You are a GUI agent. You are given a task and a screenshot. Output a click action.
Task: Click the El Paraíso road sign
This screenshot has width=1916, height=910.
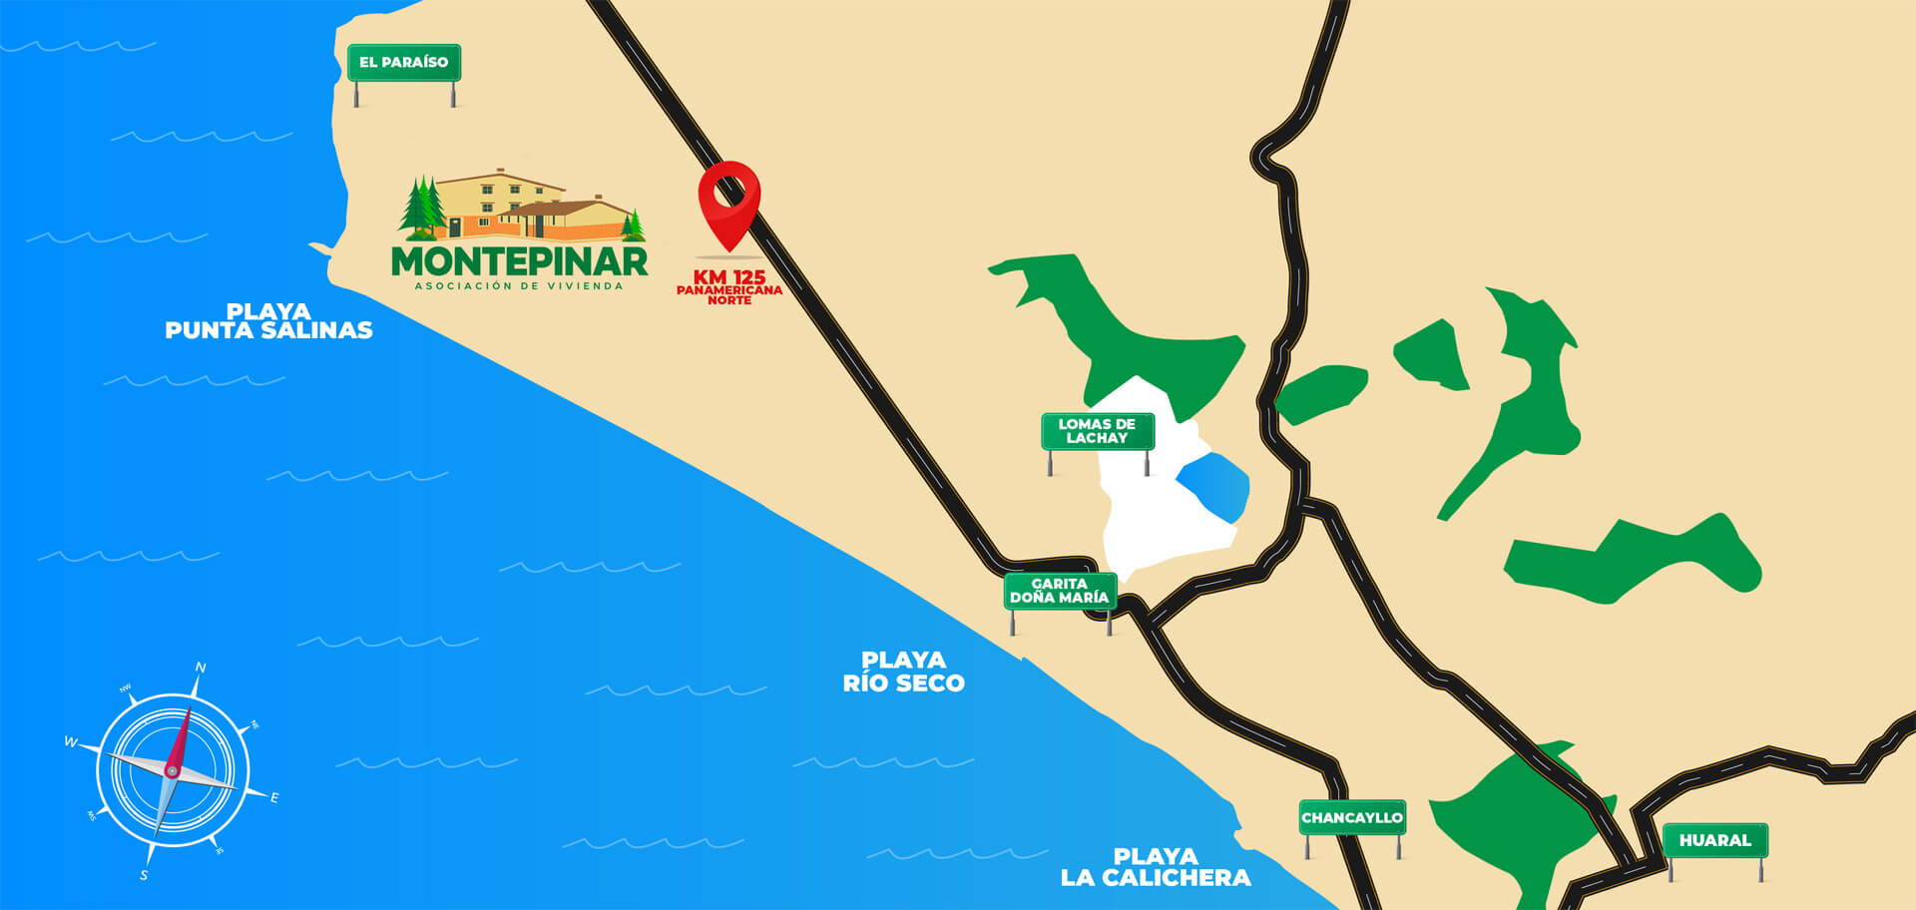[403, 63]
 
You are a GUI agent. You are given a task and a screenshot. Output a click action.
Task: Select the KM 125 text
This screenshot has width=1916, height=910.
[729, 276]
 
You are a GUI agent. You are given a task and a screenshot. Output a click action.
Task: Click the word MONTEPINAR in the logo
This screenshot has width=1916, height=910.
[519, 261]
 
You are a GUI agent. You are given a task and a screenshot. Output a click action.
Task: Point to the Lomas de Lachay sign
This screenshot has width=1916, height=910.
[1097, 431]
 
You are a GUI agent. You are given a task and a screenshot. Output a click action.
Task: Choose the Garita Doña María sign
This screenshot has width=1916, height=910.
[1059, 591]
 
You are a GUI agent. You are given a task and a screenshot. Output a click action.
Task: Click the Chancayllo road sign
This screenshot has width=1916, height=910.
[1352, 818]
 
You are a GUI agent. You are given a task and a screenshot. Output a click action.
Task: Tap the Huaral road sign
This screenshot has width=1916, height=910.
[1714, 840]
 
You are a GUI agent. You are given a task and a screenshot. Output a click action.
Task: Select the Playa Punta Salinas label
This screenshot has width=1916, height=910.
[268, 321]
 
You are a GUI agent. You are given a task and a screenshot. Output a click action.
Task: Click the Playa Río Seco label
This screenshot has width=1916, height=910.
[903, 672]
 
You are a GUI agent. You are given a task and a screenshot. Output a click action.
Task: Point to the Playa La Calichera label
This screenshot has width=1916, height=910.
[1155, 867]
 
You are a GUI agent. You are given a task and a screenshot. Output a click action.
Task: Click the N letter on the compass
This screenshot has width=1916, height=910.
[201, 668]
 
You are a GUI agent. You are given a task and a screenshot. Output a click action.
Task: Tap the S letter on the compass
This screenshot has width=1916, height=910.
[144, 875]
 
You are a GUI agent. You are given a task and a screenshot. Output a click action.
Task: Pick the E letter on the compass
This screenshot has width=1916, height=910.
[274, 797]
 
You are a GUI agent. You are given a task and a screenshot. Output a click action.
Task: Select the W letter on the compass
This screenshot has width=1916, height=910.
[70, 741]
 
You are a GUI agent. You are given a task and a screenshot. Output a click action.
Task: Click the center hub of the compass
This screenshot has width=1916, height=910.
[173, 771]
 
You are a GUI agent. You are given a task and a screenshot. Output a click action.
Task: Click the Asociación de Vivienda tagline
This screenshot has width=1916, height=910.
[519, 286]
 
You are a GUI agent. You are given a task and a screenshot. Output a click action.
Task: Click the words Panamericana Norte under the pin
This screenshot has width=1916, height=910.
[729, 294]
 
